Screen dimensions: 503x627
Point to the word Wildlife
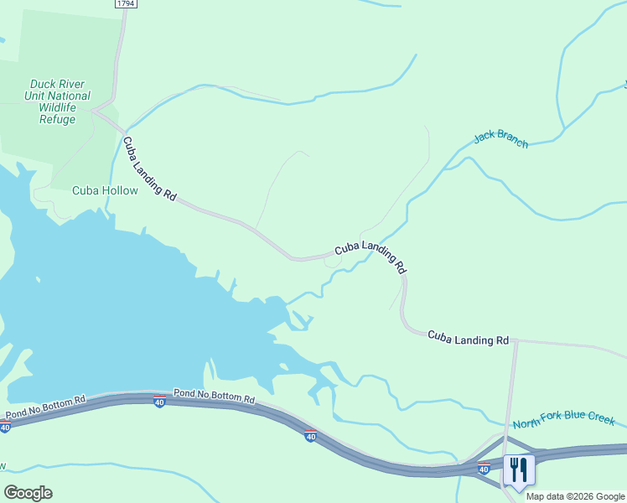click(58, 107)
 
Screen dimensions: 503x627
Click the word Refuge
click(58, 119)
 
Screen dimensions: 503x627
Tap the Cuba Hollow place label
click(104, 190)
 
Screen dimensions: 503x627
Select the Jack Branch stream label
click(500, 138)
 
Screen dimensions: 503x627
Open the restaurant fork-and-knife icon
click(517, 470)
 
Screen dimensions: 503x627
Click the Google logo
click(28, 493)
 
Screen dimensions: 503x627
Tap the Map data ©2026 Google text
click(576, 496)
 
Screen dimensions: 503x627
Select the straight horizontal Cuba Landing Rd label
click(468, 338)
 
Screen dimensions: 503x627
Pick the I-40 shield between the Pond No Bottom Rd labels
click(159, 402)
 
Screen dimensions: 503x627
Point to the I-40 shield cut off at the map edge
click(4, 428)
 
